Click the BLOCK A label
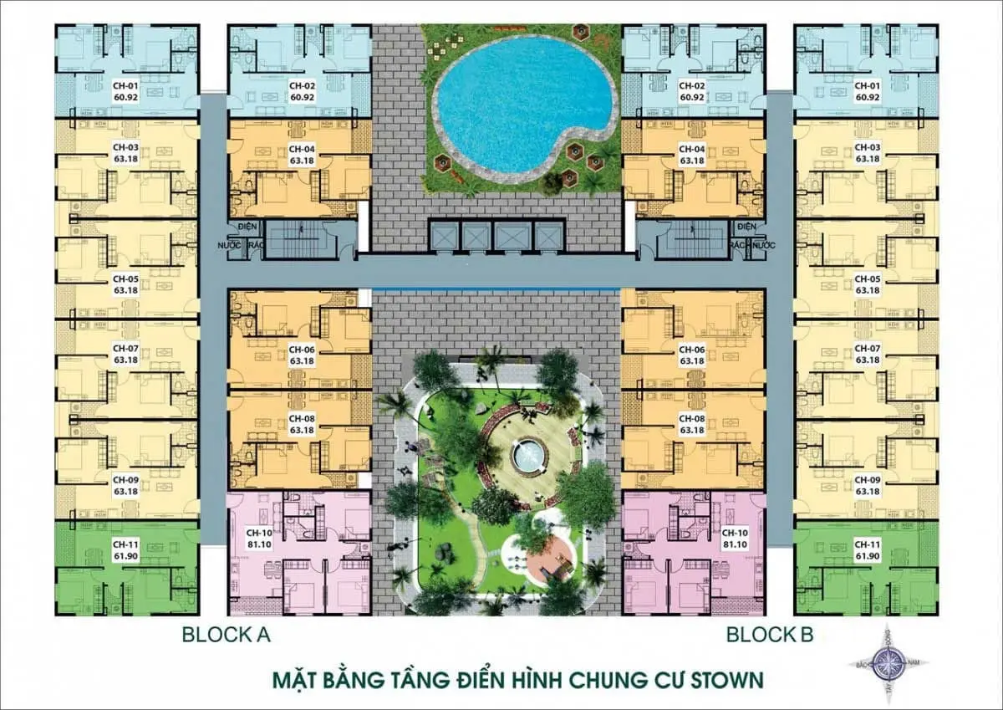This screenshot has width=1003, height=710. (x=227, y=636)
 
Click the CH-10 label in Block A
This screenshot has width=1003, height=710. (x=256, y=531)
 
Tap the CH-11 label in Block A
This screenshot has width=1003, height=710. (x=125, y=544)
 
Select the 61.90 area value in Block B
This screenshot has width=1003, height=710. (x=867, y=555)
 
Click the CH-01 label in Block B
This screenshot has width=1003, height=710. (x=867, y=85)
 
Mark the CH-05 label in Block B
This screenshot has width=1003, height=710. (x=867, y=279)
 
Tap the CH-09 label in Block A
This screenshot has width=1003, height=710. (x=125, y=480)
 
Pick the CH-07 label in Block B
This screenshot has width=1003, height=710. (x=867, y=348)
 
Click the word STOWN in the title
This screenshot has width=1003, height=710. (x=726, y=678)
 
